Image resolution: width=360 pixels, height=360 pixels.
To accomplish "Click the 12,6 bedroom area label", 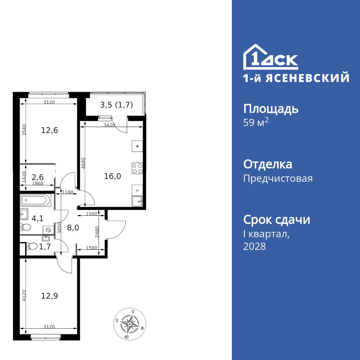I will pyautogui.click(x=49, y=130).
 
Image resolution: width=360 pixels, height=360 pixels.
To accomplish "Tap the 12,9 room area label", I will pyautogui.click(x=49, y=296).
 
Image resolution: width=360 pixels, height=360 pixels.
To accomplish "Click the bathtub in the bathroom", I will pyautogui.click(x=36, y=201).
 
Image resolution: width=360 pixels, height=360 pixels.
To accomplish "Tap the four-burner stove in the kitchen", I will pyautogui.click(x=137, y=168).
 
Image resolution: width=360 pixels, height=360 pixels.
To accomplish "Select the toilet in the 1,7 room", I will pyautogui.click(x=32, y=246).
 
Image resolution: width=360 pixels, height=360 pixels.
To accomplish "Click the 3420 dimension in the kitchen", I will pyautogui.click(x=109, y=125).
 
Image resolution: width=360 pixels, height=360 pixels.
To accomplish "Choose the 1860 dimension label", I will pyautogui.click(x=37, y=184).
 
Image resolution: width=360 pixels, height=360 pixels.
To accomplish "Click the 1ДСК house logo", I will pyautogui.click(x=271, y=58).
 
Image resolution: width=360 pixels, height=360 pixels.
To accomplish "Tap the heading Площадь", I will pyautogui.click(x=271, y=109).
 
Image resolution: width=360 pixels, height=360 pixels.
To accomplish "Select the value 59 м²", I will pyautogui.click(x=256, y=123).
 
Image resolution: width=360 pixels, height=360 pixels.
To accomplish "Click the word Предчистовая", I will pyautogui.click(x=278, y=179).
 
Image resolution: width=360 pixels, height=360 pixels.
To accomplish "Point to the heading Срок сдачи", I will pyautogui.click(x=276, y=220).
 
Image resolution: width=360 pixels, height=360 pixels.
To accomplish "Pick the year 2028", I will pyautogui.click(x=255, y=247).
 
